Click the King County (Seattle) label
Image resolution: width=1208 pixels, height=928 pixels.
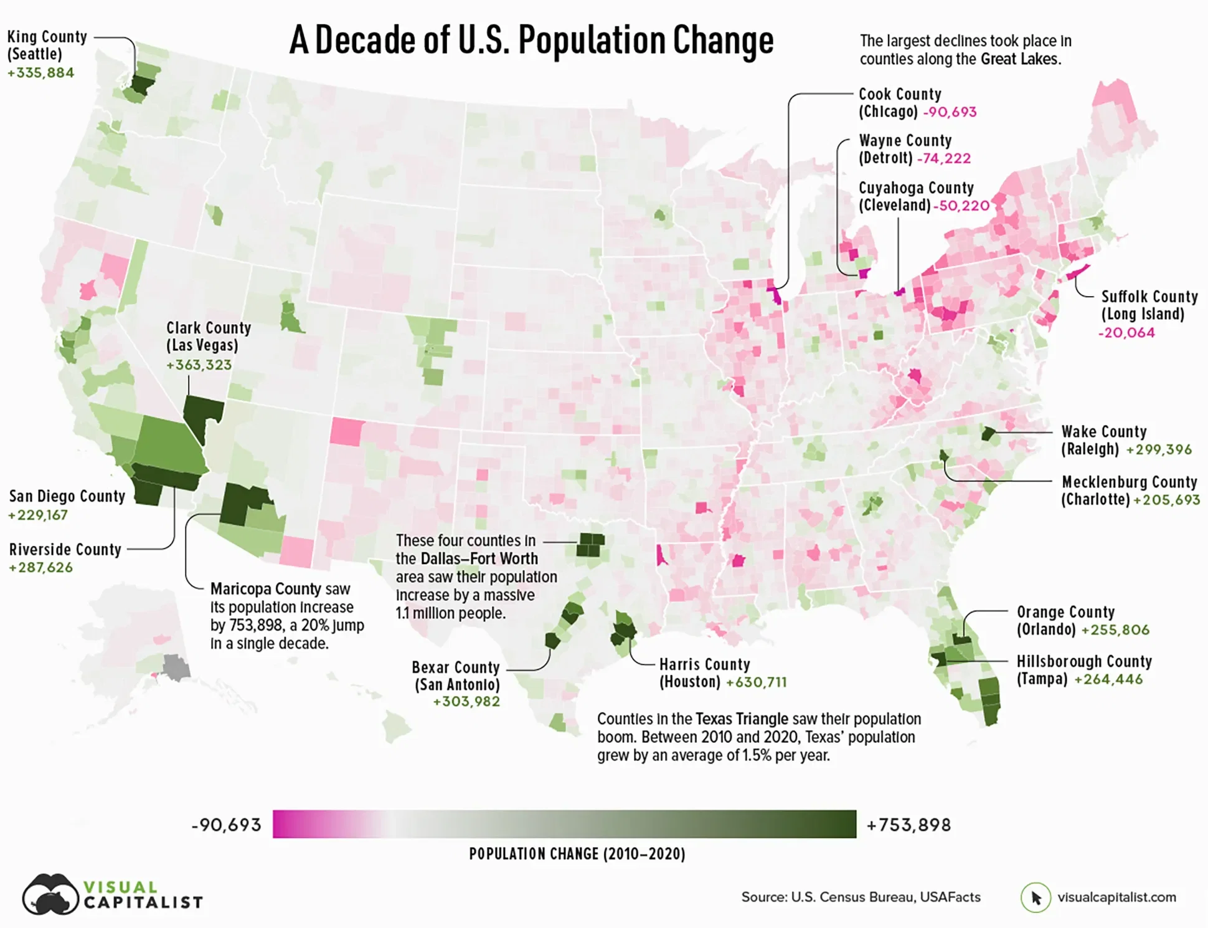coord(47,45)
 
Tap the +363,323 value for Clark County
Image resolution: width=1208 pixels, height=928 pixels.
coord(199,365)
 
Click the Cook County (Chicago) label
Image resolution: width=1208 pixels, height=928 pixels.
coord(899,103)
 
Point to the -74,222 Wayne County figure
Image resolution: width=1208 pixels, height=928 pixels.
coord(943,158)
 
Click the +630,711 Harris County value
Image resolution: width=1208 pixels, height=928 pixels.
coord(756,682)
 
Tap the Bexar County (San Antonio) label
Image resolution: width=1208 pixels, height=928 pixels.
coord(456,676)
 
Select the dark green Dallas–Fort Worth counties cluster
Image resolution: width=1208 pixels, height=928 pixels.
coord(590,545)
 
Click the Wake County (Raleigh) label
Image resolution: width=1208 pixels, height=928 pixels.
coord(1103,440)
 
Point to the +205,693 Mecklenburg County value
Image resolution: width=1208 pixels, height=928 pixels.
coord(1166,500)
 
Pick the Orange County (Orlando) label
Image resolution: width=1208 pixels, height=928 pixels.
coord(1065,620)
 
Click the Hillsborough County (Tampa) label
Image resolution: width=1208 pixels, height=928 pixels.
coord(1083,669)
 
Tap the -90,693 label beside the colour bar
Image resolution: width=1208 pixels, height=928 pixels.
coord(226,825)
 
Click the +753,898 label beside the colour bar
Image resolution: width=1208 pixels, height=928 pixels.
coord(908,825)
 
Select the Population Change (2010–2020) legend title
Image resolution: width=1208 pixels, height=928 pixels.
coord(577,854)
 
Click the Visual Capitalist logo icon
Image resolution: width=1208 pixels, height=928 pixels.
coord(50,894)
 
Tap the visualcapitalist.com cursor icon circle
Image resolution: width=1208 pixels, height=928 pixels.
coord(1035,897)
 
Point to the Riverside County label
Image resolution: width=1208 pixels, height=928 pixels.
coord(65,550)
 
